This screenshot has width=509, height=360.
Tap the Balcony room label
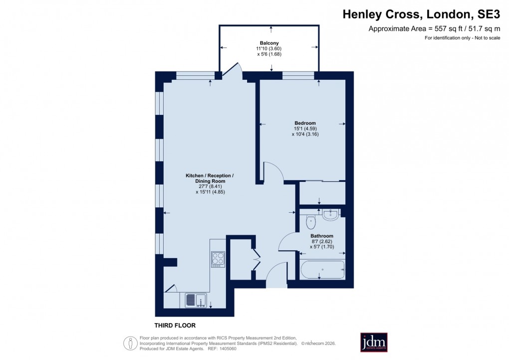(269, 43)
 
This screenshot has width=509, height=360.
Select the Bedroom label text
(305, 123)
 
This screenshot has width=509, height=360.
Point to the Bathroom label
(322, 236)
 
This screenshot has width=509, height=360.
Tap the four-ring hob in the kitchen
(218, 259)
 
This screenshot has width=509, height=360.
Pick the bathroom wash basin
(331, 215)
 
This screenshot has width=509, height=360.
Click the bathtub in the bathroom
(322, 270)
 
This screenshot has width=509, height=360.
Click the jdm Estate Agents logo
(374, 343)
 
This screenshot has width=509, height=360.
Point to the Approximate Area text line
(434, 29)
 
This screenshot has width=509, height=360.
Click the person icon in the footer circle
(130, 344)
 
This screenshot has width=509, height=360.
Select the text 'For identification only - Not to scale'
(462, 38)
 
